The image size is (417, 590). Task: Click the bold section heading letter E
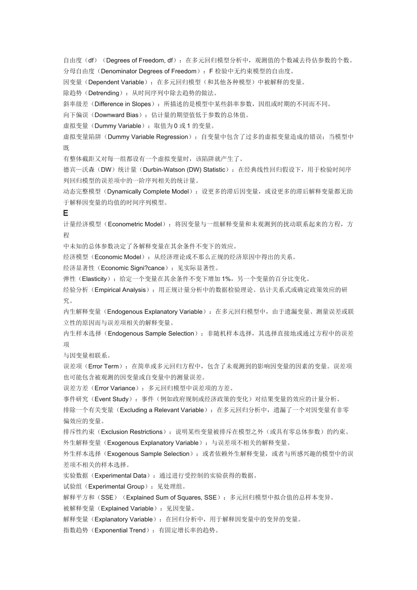click(x=66, y=213)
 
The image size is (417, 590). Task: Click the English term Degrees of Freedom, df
click(x=142, y=60)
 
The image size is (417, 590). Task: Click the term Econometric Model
click(x=135, y=224)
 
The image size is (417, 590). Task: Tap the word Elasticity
click(x=94, y=279)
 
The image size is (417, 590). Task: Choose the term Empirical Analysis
click(x=120, y=290)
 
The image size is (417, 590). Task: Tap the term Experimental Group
click(x=116, y=486)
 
